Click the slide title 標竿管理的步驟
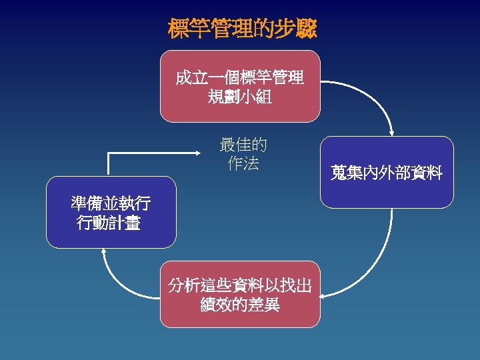click(x=242, y=29)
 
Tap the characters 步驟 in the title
click(x=298, y=29)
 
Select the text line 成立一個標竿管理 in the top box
click(x=239, y=78)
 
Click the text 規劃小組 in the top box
click(x=239, y=97)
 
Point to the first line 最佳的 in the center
click(x=243, y=145)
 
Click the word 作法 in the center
click(x=243, y=163)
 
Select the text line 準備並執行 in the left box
click(x=111, y=203)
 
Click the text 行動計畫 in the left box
click(x=109, y=223)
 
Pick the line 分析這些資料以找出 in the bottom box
click(x=239, y=286)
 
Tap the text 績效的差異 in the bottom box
click(x=239, y=305)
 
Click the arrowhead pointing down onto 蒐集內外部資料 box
click(x=393, y=131)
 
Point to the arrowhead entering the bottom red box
click(x=325, y=293)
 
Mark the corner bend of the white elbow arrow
click(x=109, y=153)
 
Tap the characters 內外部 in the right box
click(x=387, y=174)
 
